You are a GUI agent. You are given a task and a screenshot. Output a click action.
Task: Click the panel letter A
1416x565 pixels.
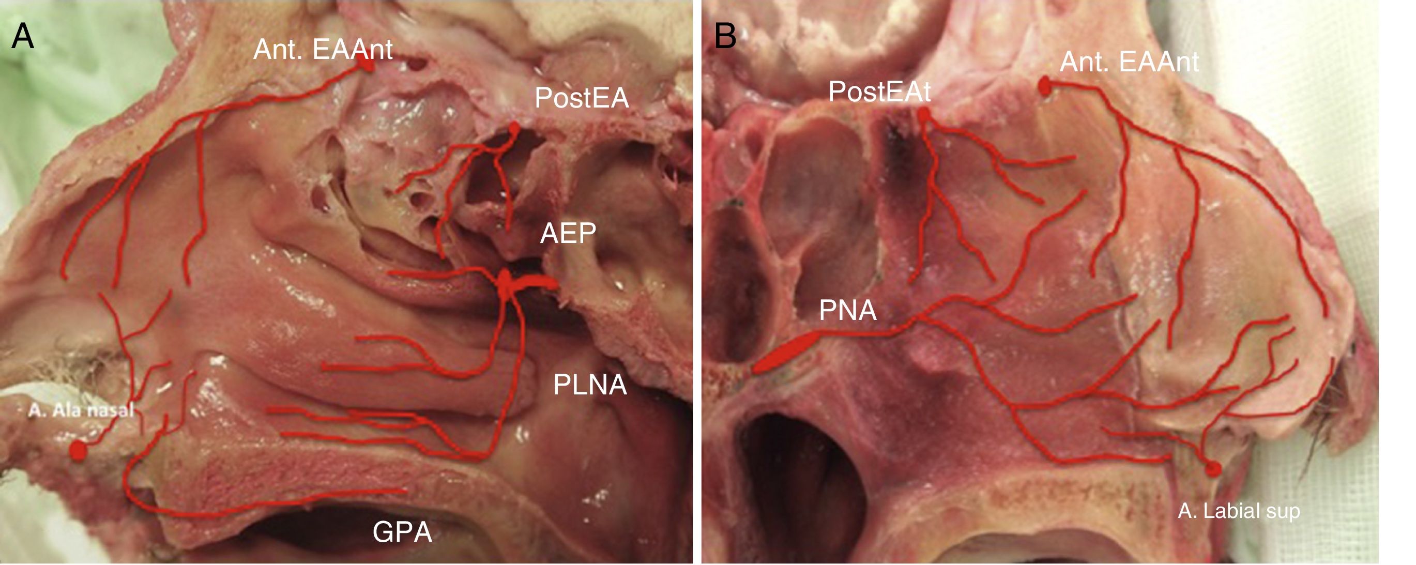point(23,37)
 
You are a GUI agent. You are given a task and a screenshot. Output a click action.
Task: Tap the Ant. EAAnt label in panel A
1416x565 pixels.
point(323,50)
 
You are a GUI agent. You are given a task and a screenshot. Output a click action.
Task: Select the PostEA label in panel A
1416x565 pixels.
point(582,98)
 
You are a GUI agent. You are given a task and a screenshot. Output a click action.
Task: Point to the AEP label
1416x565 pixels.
point(568,234)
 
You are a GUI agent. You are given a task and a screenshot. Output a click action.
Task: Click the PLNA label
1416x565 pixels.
point(590,385)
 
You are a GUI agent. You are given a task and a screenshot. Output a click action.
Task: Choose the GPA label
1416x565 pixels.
point(402,532)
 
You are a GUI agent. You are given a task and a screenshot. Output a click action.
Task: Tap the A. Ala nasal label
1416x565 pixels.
point(81,410)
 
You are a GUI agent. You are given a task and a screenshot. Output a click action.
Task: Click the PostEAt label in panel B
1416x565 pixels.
point(879,91)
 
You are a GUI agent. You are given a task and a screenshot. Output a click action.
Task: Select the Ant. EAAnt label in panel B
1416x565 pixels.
point(1129,62)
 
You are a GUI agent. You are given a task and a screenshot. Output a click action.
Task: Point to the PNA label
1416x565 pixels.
point(848,311)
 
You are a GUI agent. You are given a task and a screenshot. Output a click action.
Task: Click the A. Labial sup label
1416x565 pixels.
point(1239,511)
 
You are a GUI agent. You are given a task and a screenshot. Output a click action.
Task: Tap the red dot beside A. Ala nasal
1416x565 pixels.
point(78,451)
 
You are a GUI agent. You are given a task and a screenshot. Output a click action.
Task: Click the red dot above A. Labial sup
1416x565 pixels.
point(1213,469)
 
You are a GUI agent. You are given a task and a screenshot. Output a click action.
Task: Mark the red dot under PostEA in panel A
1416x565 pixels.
point(514,129)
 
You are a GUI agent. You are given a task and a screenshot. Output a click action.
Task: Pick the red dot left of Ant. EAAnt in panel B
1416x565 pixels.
point(1045,86)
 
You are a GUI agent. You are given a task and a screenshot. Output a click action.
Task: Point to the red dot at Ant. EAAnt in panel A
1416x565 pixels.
point(366,65)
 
